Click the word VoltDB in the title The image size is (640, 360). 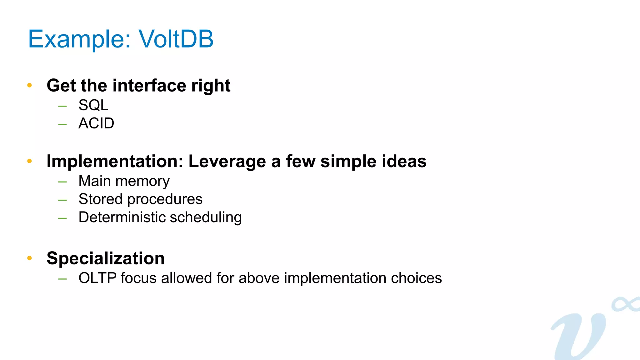pyautogui.click(x=176, y=39)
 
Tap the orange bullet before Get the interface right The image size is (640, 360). pyautogui.click(x=30, y=85)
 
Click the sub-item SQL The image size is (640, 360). pyautogui.click(x=93, y=105)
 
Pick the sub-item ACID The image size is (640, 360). pyautogui.click(x=96, y=123)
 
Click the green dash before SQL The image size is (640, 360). pyautogui.click(x=62, y=106)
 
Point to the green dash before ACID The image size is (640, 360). pyautogui.click(x=62, y=124)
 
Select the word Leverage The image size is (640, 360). pyautogui.click(x=227, y=162)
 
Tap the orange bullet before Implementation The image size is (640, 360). pyautogui.click(x=30, y=161)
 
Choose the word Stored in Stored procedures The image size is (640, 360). pyautogui.click(x=100, y=199)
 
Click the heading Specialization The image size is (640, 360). pyautogui.click(x=106, y=258)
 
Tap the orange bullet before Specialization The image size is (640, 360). pyautogui.click(x=30, y=258)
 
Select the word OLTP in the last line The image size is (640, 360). pyautogui.click(x=97, y=278)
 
